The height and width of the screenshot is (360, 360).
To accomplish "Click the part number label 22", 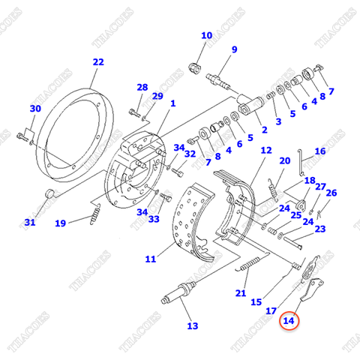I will pos(98,62).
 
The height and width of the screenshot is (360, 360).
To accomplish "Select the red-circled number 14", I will pos(289,321).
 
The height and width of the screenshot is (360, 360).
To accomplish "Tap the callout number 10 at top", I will pos(206,35).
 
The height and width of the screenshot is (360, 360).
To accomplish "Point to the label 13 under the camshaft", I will pos(193,325).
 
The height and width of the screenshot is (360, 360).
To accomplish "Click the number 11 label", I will pos(151,259).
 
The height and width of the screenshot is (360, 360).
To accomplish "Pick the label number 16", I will pos(319,151).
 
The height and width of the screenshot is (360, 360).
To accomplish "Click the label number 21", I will pos(241,292).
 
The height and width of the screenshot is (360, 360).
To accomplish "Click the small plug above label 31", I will pos(51,195).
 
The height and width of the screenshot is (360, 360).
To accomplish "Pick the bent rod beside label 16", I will pos(301,160).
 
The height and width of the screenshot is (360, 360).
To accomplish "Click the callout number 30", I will pos(34,109).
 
